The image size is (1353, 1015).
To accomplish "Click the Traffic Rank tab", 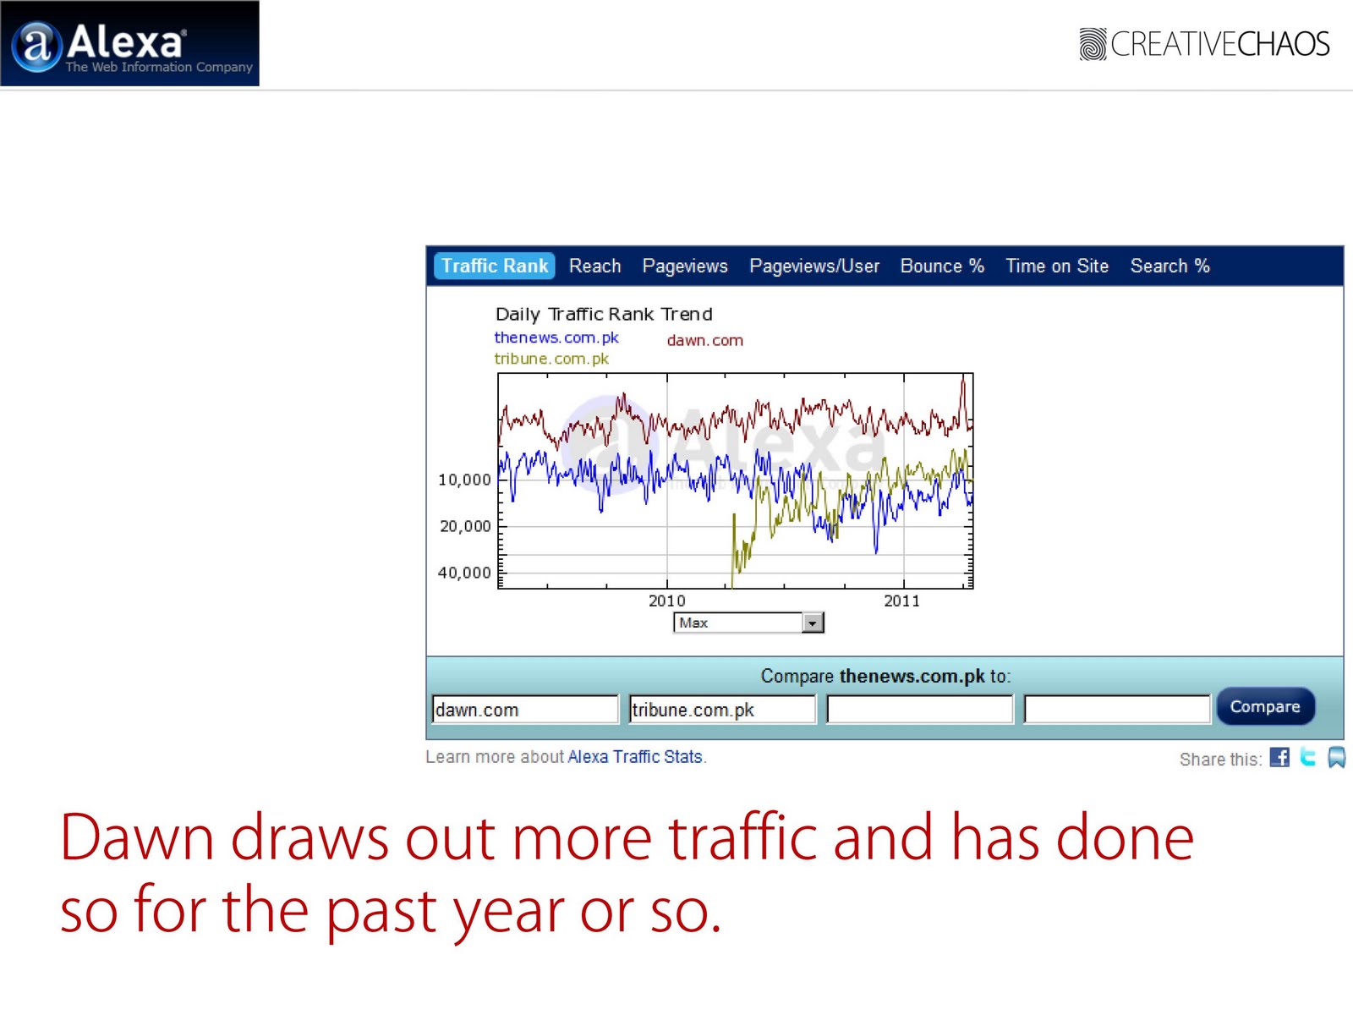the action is click(495, 266).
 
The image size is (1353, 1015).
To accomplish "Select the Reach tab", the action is click(594, 266).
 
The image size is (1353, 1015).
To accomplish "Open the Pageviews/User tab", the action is click(814, 266).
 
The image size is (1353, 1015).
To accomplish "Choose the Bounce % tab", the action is click(942, 266).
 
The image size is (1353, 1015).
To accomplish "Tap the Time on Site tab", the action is click(1057, 266).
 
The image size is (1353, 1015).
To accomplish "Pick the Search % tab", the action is click(1170, 266).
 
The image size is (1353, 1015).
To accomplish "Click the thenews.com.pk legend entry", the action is click(556, 337).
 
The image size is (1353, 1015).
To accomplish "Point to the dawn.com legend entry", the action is click(705, 340).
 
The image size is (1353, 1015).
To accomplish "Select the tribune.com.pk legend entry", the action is click(551, 359).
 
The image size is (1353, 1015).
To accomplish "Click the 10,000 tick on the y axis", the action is click(464, 480).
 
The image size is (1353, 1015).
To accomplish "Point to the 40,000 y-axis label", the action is click(464, 573).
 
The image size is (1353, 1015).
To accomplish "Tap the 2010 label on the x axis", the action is click(667, 601).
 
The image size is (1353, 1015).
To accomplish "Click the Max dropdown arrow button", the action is click(813, 623).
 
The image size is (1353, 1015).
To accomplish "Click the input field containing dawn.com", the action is click(525, 710).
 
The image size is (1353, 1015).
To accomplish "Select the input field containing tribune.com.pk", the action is click(722, 710).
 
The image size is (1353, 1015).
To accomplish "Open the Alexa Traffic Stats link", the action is click(635, 757).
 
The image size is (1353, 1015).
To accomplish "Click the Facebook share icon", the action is click(1279, 757).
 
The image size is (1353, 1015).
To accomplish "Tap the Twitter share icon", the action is click(1308, 757).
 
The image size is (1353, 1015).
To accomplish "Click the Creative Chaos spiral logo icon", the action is click(1093, 44).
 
